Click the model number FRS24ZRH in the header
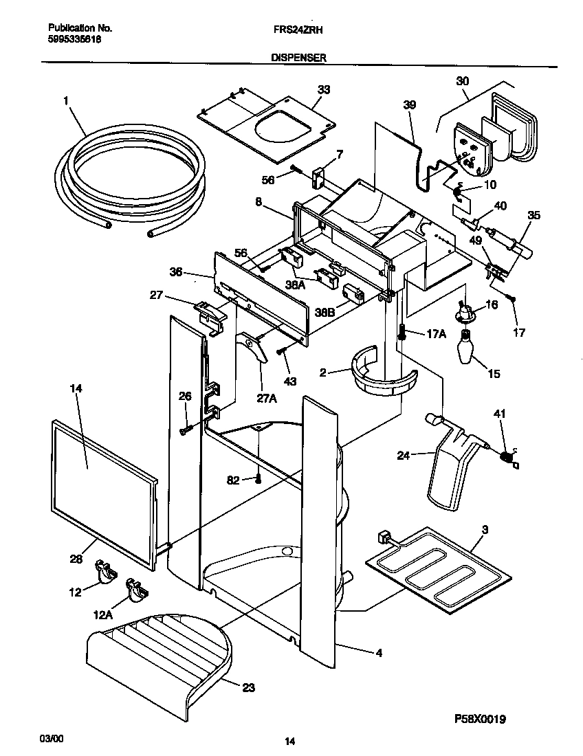click(x=296, y=30)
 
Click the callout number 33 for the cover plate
click(x=323, y=89)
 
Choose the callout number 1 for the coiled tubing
click(x=66, y=101)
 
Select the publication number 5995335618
click(x=75, y=39)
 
